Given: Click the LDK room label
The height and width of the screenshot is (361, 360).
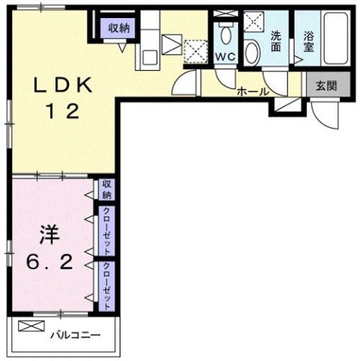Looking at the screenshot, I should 63,86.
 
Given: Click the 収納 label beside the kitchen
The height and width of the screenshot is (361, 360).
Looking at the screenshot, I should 119,28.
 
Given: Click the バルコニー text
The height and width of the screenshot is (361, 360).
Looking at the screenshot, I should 75,334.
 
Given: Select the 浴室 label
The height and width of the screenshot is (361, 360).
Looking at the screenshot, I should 309,41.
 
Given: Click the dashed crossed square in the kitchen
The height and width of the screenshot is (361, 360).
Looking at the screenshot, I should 196,50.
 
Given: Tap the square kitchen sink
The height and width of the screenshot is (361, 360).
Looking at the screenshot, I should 148,54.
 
